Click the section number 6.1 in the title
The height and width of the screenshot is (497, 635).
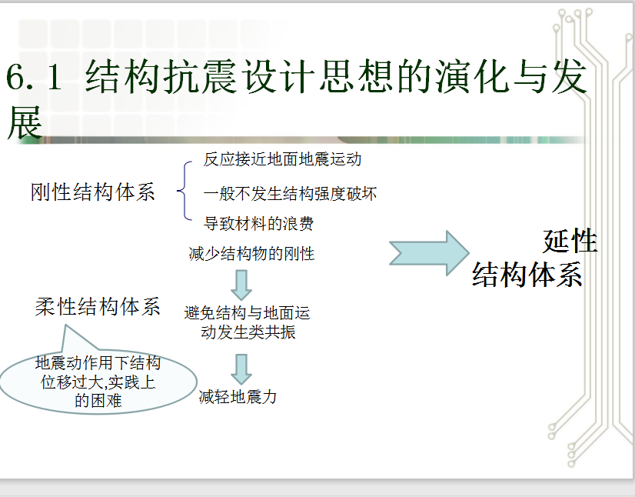click(34, 77)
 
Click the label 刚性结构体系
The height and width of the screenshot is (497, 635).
click(93, 192)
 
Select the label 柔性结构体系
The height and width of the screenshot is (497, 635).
click(98, 306)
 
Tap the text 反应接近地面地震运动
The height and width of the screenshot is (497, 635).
click(282, 159)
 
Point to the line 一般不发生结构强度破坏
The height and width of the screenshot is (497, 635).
click(290, 194)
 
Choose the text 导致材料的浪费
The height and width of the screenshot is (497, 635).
click(258, 223)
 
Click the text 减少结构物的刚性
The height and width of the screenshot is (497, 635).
click(251, 254)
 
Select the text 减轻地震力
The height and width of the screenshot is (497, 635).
click(238, 396)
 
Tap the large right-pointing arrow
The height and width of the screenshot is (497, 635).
click(429, 253)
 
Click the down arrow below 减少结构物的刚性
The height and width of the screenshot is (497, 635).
click(241, 285)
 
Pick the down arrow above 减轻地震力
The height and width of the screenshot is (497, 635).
click(241, 369)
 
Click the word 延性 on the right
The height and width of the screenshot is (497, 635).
click(570, 241)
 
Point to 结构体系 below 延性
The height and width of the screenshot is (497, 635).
click(527, 275)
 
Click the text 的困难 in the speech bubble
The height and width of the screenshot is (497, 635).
click(98, 401)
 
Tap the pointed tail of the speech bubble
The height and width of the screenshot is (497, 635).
click(65, 325)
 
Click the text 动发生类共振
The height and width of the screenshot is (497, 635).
click(248, 332)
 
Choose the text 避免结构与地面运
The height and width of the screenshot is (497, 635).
click(247, 313)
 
